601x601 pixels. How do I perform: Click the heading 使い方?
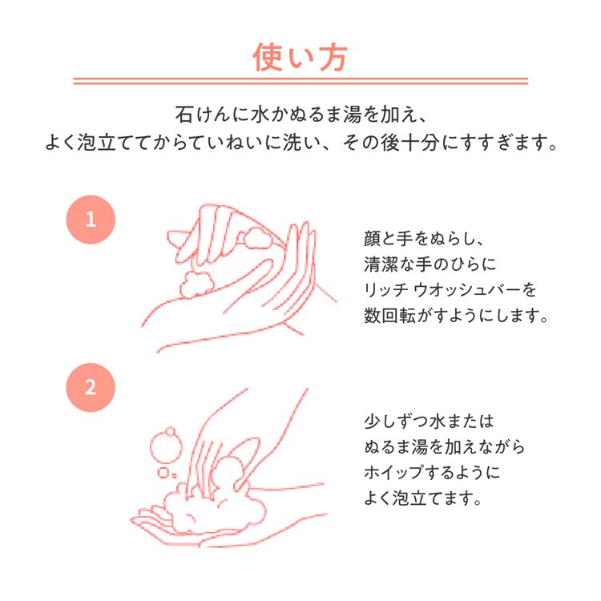300,58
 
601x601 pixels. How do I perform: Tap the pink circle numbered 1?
91,220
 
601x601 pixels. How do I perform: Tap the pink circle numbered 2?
91,388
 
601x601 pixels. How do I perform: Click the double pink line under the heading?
300,81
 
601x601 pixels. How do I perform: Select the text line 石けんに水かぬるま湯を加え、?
300,115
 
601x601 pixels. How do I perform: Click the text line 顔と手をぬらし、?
424,239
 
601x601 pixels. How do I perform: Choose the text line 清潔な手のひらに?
430,264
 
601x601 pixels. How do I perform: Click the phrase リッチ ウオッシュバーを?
450,290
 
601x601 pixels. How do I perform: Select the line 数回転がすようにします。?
456,316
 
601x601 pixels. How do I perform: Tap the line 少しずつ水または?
429,422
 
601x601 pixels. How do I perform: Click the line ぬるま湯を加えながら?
444,447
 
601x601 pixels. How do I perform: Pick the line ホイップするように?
432,473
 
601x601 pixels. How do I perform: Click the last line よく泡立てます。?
422,498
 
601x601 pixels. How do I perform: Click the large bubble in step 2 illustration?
166,446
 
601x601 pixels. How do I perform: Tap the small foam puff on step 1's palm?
196,284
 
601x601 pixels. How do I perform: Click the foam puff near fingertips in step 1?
257,238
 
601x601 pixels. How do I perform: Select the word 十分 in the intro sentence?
422,143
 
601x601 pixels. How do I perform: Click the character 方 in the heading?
333,58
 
